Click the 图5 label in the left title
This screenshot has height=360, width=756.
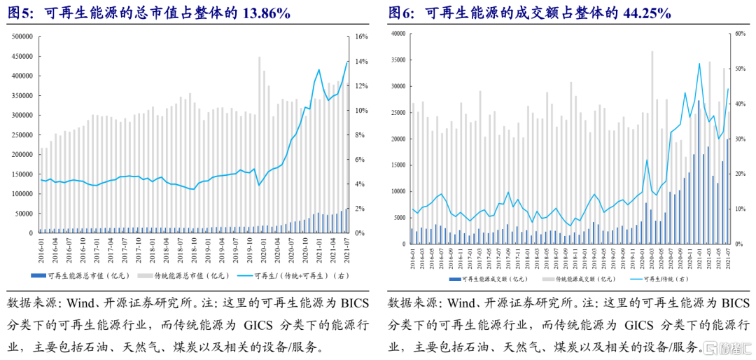pos(18,13)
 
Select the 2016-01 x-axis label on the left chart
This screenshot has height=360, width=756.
pos(42,249)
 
